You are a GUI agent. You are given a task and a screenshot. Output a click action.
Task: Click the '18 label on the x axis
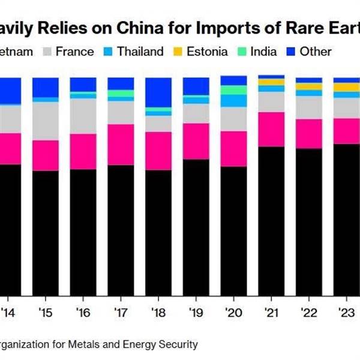tap(158, 313)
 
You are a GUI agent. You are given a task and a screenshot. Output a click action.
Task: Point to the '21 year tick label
tap(271, 313)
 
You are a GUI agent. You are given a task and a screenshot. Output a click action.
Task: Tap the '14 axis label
tap(8, 313)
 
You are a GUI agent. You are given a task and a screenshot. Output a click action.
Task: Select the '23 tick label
tap(346, 313)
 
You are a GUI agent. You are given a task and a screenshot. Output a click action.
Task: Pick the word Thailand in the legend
tap(140, 52)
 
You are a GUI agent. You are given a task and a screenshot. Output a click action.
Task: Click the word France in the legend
tap(74, 52)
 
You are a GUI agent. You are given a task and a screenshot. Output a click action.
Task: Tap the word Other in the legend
tap(316, 52)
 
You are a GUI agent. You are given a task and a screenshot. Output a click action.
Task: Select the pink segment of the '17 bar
tap(121, 145)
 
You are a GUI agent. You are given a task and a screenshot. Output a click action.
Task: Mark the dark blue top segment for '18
tap(158, 92)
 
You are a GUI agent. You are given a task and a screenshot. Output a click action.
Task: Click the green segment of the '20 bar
tap(233, 90)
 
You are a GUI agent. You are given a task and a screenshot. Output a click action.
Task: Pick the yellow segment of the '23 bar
tap(346, 88)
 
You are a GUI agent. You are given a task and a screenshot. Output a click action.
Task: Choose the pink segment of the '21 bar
tap(271, 129)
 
